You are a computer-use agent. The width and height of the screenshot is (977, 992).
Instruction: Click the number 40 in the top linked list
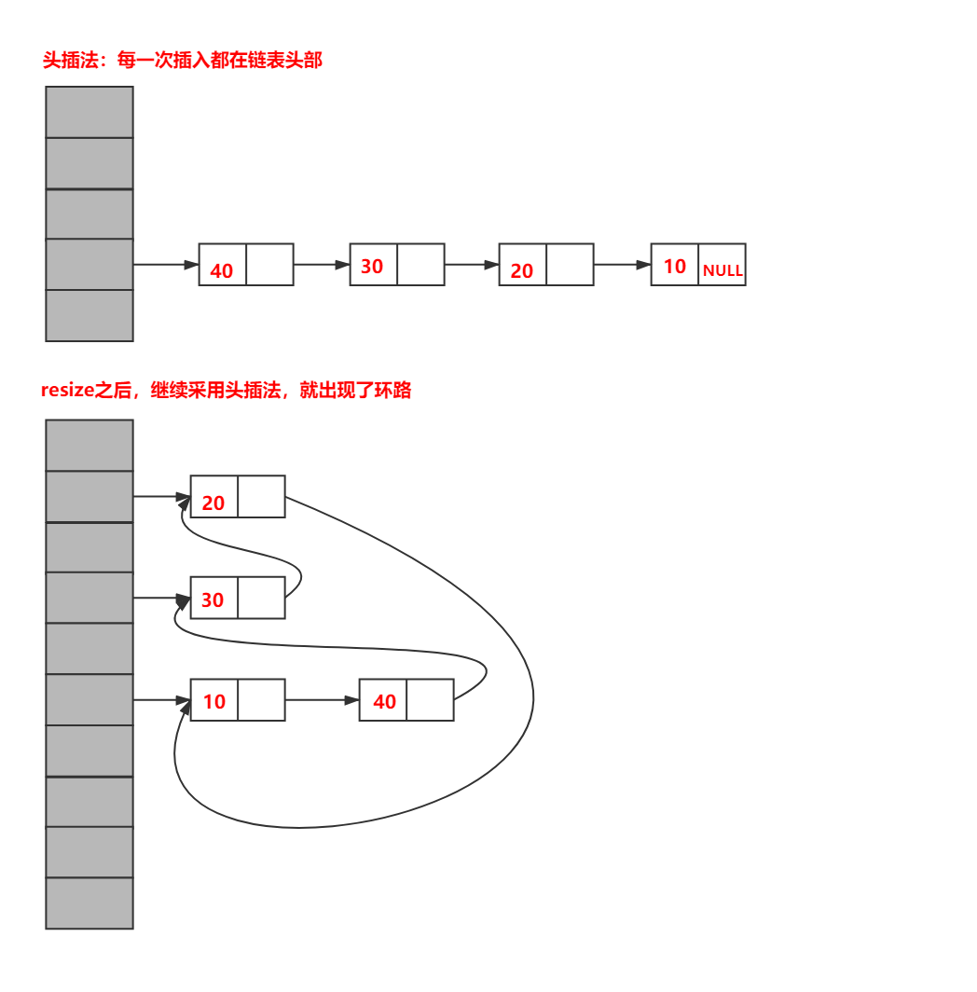pyautogui.click(x=222, y=270)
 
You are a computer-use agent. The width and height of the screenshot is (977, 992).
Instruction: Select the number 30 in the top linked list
pyautogui.click(x=372, y=267)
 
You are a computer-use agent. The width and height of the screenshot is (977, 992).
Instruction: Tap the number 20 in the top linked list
pyautogui.click(x=522, y=270)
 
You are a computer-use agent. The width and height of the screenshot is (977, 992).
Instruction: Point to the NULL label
pyautogui.click(x=722, y=270)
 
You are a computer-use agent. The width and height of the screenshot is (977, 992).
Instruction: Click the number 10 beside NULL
pyautogui.click(x=675, y=267)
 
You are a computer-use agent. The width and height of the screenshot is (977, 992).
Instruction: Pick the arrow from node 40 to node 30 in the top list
pyautogui.click(x=322, y=265)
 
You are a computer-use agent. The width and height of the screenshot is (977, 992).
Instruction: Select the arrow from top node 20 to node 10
pyautogui.click(x=622, y=265)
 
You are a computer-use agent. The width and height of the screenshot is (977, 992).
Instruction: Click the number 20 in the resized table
pyautogui.click(x=213, y=503)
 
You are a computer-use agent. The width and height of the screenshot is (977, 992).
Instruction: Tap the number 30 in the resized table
pyautogui.click(x=213, y=599)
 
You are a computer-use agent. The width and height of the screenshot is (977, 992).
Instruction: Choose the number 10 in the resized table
pyautogui.click(x=214, y=702)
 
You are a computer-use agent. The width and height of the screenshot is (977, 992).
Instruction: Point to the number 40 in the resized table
pyautogui.click(x=385, y=702)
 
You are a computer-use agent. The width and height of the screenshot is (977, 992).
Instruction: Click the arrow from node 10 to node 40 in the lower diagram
pyautogui.click(x=322, y=700)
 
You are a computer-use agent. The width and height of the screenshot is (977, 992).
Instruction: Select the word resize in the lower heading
pyautogui.click(x=68, y=390)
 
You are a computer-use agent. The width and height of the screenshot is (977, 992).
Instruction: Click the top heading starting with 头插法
pyautogui.click(x=183, y=60)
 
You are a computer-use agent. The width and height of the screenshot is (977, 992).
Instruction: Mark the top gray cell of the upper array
pyautogui.click(x=89, y=112)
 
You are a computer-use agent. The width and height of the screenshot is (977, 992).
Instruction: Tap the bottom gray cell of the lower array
pyautogui.click(x=89, y=902)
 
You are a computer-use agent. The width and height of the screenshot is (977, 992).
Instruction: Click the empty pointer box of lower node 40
pyautogui.click(x=431, y=699)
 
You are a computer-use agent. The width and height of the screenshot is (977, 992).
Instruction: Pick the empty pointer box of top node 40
pyautogui.click(x=269, y=265)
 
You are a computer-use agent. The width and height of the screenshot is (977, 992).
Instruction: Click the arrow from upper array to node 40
pyautogui.click(x=166, y=265)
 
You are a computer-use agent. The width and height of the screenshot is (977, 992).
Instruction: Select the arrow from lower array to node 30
pyautogui.click(x=162, y=598)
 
